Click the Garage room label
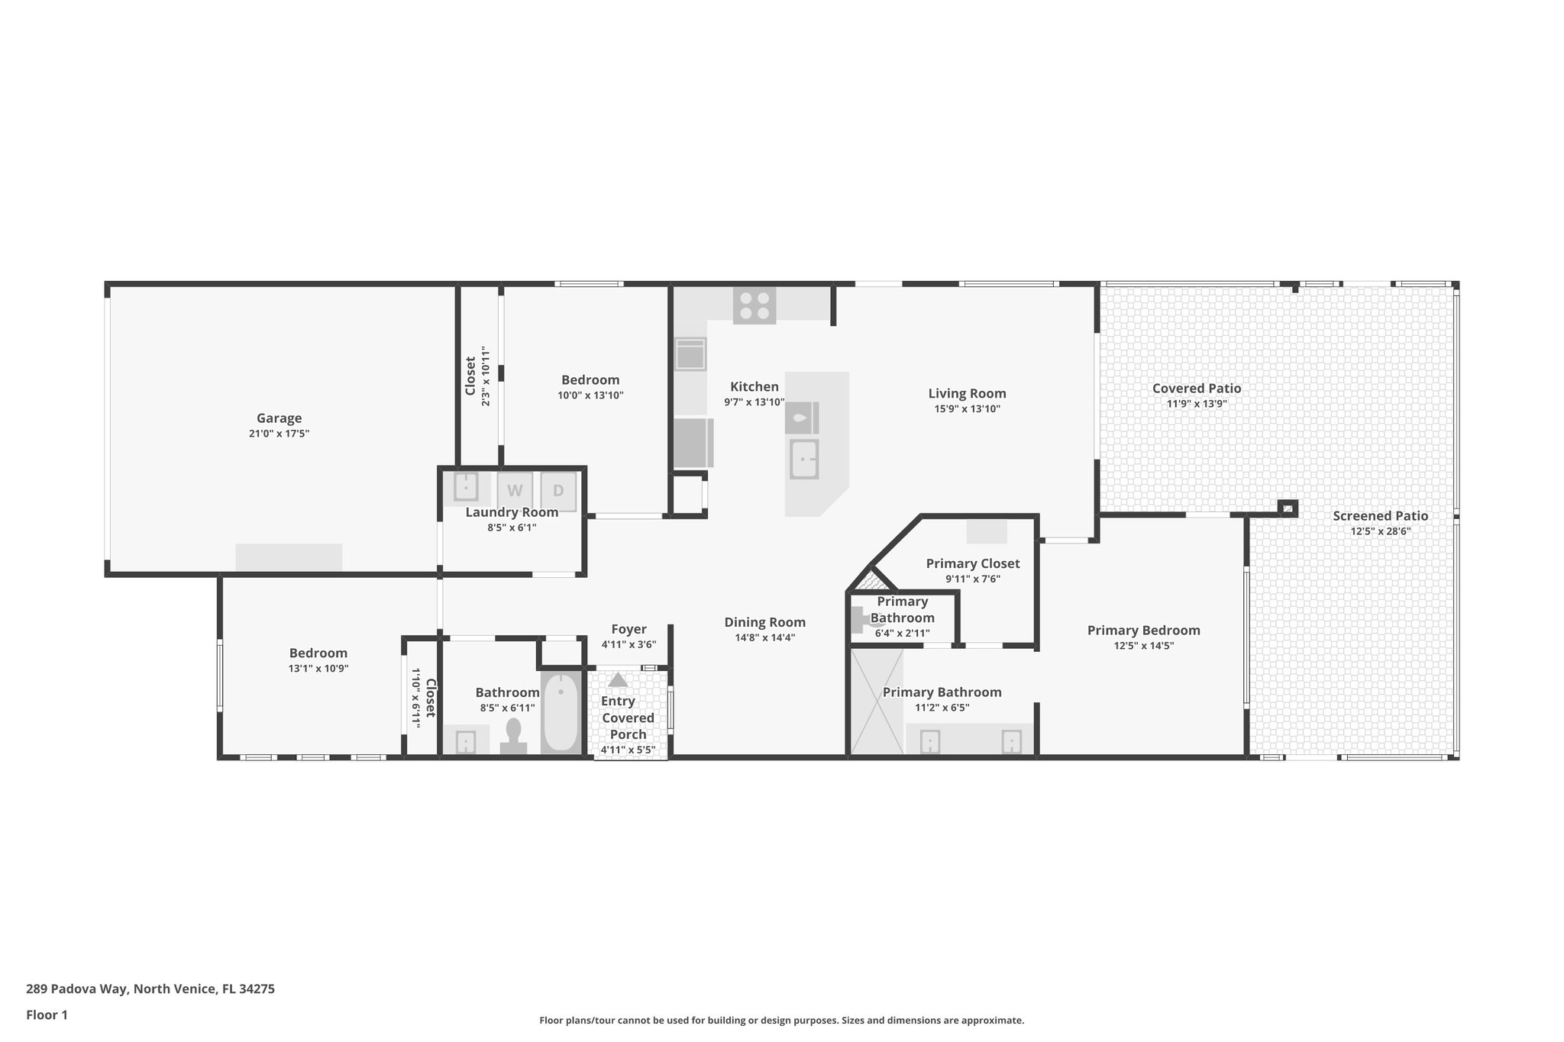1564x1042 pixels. pyautogui.click(x=279, y=418)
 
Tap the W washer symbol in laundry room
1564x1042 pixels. pyautogui.click(x=515, y=491)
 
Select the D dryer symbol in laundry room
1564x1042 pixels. pyautogui.click(x=558, y=491)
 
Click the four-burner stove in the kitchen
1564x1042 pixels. pyautogui.click(x=755, y=305)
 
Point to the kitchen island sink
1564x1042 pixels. pyautogui.click(x=803, y=460)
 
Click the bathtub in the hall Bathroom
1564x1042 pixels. pyautogui.click(x=561, y=713)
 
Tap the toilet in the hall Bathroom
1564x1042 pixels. pyautogui.click(x=513, y=736)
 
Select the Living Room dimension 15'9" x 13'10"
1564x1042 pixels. pyautogui.click(x=967, y=409)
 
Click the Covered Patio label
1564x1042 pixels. pyautogui.click(x=1196, y=389)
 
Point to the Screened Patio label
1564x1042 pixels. pyautogui.click(x=1380, y=516)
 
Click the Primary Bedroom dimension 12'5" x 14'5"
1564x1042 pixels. pyautogui.click(x=1143, y=646)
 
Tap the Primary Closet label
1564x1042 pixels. pyautogui.click(x=972, y=563)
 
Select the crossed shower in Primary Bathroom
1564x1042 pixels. pyautogui.click(x=877, y=702)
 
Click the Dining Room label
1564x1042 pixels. pyautogui.click(x=764, y=622)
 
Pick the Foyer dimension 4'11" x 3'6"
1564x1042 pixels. pyautogui.click(x=629, y=644)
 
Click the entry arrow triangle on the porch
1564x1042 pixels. pyautogui.click(x=618, y=680)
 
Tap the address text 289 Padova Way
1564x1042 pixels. pyautogui.click(x=150, y=989)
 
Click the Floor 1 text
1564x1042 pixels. pyautogui.click(x=47, y=1015)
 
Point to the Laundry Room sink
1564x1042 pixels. pyautogui.click(x=465, y=486)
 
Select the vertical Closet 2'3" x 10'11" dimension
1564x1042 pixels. pyautogui.click(x=486, y=376)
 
